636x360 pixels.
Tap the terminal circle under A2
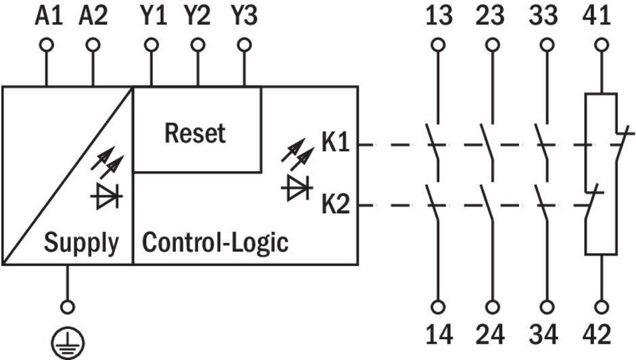pyautogui.click(x=93, y=45)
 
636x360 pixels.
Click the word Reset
pyautogui.click(x=195, y=133)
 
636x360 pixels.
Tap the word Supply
pyautogui.click(x=81, y=242)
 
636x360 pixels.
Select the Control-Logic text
pyautogui.click(x=215, y=242)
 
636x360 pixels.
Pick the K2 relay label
pyautogui.click(x=336, y=204)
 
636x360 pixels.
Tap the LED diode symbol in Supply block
pyautogui.click(x=106, y=196)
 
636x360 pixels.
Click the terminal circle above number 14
pyautogui.click(x=438, y=307)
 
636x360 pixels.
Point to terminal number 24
pyautogui.click(x=494, y=334)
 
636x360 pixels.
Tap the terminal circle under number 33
pyautogui.click(x=546, y=45)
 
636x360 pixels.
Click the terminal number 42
pyautogui.click(x=598, y=334)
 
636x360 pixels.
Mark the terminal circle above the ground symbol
pyautogui.click(x=66, y=307)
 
